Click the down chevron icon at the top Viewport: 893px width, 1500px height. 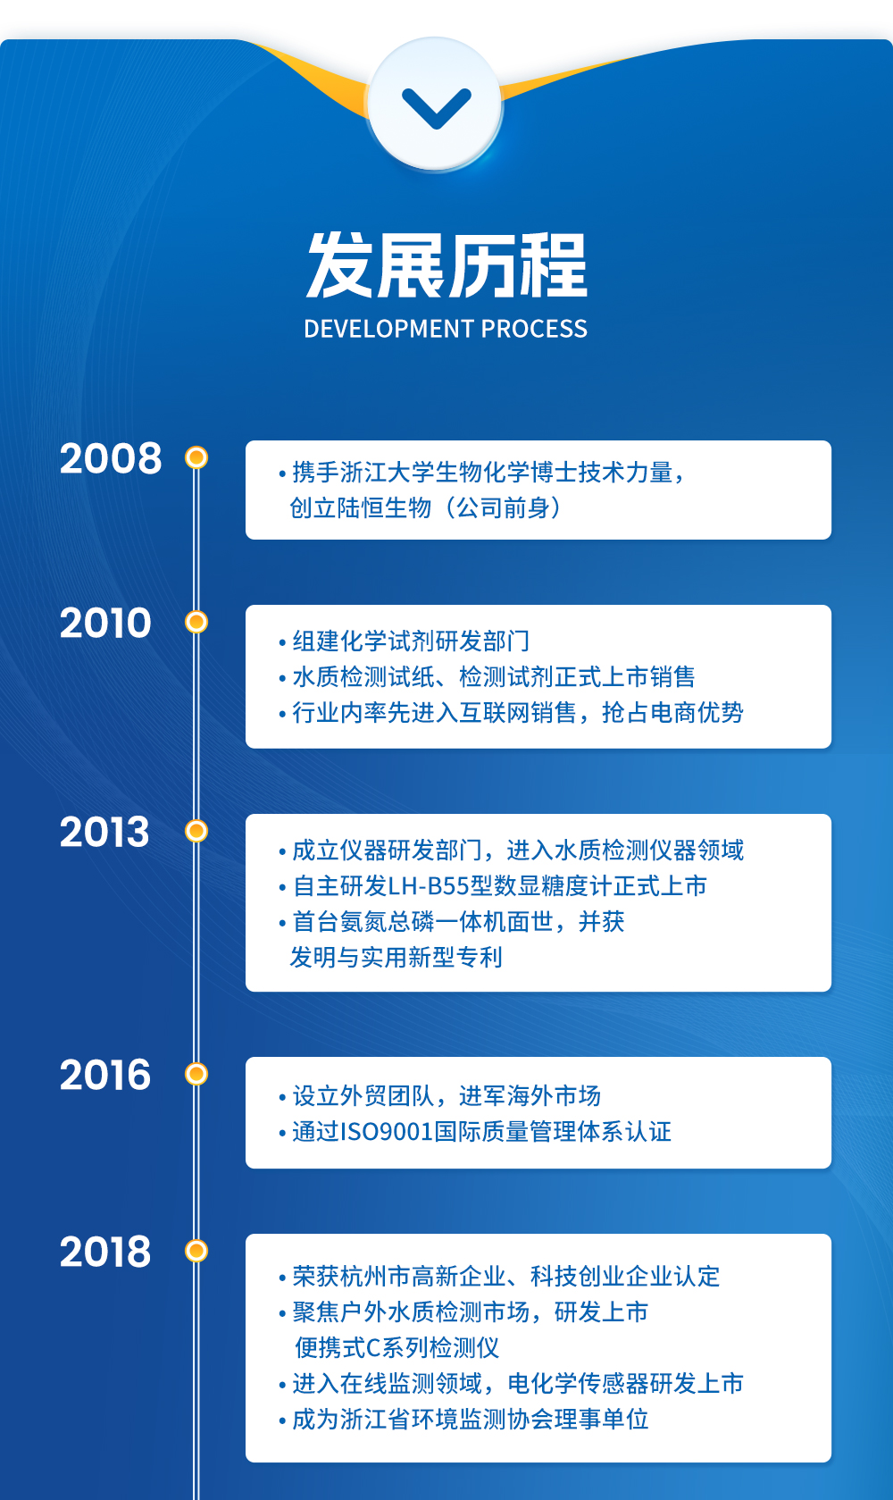[437, 108]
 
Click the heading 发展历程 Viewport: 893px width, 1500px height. [446, 265]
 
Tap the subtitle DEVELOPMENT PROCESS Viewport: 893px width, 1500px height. [446, 329]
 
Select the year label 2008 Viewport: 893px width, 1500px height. [111, 458]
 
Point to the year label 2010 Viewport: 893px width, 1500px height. [105, 623]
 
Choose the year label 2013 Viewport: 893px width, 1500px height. [105, 833]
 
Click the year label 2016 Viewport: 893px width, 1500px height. [105, 1076]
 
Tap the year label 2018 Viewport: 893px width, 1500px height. [105, 1252]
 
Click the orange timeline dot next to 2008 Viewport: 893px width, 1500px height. [196, 458]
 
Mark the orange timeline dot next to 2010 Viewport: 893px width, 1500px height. [196, 622]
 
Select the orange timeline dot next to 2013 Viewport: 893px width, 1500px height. [196, 831]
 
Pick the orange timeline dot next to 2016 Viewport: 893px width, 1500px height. [196, 1074]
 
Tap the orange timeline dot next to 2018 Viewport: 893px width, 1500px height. [196, 1251]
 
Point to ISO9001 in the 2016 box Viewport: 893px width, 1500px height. [387, 1132]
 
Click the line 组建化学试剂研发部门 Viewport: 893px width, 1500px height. [411, 641]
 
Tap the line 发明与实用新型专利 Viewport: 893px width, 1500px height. [396, 958]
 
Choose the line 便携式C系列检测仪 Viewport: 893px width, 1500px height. [397, 1348]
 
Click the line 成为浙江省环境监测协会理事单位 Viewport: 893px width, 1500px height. [471, 1420]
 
